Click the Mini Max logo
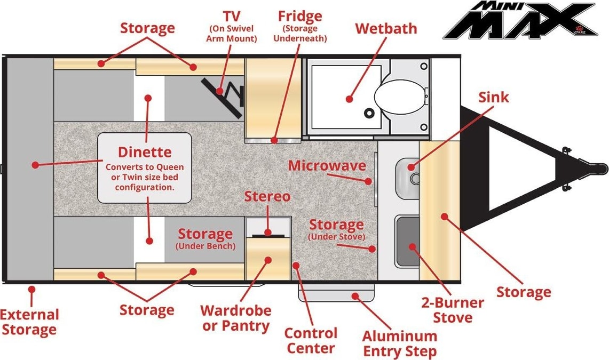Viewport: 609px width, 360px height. [x=520, y=20]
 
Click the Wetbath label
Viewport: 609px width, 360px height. [x=386, y=28]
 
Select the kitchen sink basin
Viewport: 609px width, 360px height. [x=408, y=178]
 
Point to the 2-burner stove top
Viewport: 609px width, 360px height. [x=407, y=241]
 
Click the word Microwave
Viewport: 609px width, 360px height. [x=327, y=166]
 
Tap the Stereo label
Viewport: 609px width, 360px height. [x=267, y=196]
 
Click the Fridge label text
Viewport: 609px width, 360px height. [x=300, y=17]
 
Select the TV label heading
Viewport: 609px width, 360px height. [x=232, y=17]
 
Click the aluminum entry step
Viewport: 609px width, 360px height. [x=336, y=292]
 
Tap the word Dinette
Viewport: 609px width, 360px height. [x=145, y=151]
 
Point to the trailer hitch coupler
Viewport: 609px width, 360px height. [x=594, y=168]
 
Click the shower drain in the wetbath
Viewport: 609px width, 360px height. [x=369, y=113]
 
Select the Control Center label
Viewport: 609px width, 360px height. [x=311, y=340]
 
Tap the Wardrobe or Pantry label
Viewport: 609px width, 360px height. [x=236, y=318]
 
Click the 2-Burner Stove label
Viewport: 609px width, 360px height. [x=453, y=310]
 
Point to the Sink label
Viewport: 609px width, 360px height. [x=493, y=97]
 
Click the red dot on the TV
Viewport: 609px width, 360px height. [x=220, y=92]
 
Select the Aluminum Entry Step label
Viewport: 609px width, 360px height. [x=400, y=343]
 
